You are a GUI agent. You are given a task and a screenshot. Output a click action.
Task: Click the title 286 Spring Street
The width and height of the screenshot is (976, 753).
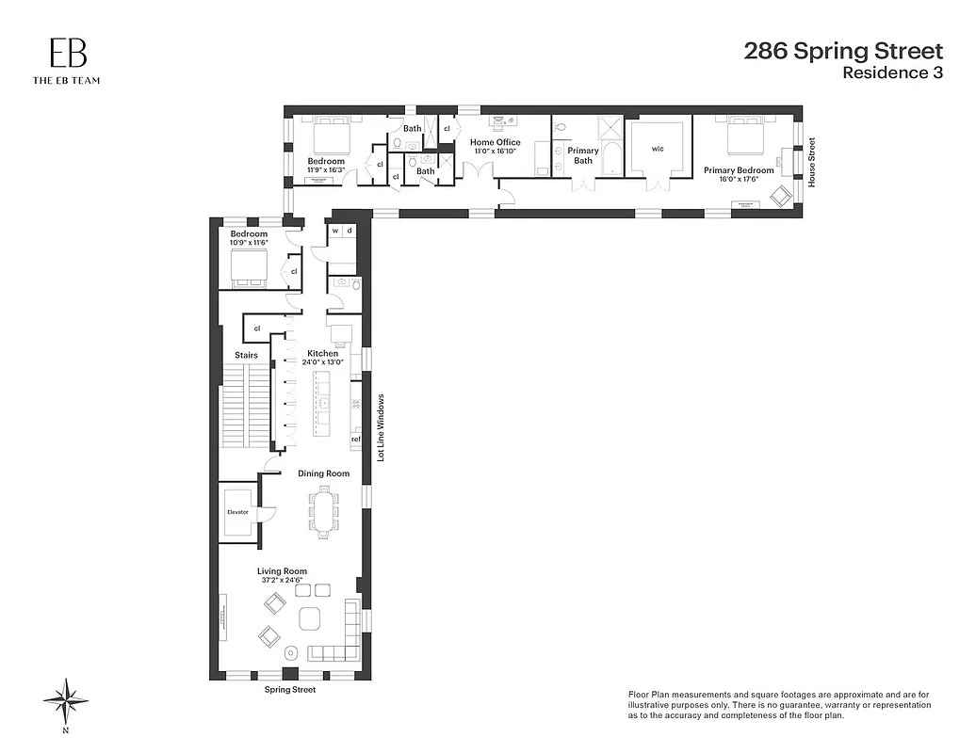(x=843, y=51)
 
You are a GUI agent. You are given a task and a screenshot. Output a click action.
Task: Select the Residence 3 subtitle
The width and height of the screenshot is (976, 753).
(x=892, y=73)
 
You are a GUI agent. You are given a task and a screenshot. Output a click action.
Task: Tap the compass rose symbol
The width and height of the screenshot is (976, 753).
(x=66, y=700)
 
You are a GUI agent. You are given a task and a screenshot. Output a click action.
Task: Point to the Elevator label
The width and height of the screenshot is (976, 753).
(x=236, y=512)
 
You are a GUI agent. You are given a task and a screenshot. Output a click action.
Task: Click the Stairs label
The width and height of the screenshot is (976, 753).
(x=246, y=355)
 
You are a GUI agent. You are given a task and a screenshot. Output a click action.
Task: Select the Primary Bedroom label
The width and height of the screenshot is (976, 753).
(x=739, y=170)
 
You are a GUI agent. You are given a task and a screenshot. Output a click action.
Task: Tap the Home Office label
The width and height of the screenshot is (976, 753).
(x=495, y=143)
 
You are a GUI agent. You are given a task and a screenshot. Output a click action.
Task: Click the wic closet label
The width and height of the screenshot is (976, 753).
(x=658, y=149)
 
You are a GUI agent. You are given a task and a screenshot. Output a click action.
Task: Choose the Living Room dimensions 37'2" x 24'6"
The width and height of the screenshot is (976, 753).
(x=283, y=581)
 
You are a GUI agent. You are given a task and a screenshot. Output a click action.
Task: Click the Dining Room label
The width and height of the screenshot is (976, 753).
(x=323, y=473)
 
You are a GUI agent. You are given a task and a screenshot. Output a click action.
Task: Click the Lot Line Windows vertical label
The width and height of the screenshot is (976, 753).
(x=381, y=427)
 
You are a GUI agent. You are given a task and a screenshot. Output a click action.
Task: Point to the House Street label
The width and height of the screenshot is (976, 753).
(x=811, y=162)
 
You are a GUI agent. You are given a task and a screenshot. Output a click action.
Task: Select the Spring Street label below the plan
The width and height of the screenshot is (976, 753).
(x=289, y=690)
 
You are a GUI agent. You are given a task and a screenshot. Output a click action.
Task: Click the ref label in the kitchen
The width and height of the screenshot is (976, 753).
(x=355, y=439)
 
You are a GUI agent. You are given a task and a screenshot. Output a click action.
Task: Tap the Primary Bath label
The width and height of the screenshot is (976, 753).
(x=583, y=155)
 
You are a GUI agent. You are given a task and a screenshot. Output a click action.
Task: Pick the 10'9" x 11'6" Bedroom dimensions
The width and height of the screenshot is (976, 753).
(x=248, y=243)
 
